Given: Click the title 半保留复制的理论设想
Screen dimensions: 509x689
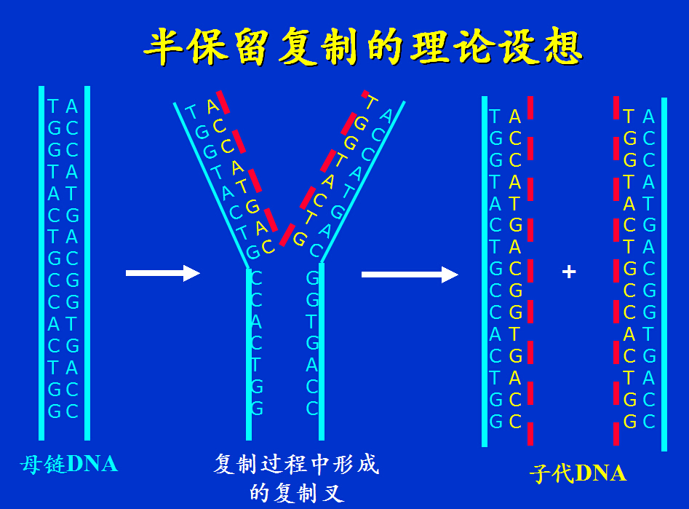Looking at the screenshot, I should [362, 47].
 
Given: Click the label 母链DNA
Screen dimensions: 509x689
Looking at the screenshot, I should [68, 464].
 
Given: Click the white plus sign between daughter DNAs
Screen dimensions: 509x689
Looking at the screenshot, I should [569, 272].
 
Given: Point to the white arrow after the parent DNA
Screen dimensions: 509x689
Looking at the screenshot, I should [162, 273].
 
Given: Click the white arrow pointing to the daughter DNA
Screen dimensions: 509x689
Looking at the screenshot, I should [410, 275].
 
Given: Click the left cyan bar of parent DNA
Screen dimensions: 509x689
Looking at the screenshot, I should [42, 262].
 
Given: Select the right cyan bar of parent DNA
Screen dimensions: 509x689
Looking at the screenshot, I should [87, 262].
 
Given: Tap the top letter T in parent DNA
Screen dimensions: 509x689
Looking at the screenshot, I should [52, 107].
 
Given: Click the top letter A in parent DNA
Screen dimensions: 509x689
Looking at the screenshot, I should [71, 107].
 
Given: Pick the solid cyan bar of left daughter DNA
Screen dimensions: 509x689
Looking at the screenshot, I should [485, 271].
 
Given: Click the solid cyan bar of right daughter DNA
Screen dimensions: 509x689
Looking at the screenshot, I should [664, 274].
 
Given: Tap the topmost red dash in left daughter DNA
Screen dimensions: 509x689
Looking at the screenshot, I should [531, 107].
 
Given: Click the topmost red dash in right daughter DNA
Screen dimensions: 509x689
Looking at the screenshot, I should [616, 107].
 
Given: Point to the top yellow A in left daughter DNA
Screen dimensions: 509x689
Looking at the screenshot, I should [515, 117].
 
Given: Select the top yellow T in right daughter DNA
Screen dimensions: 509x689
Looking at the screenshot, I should [629, 117].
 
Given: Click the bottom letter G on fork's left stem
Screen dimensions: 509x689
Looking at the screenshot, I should [257, 409].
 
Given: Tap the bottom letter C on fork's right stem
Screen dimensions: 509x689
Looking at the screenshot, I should [312, 409].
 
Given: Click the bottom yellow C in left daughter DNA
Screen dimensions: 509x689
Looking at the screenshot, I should [515, 421].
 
